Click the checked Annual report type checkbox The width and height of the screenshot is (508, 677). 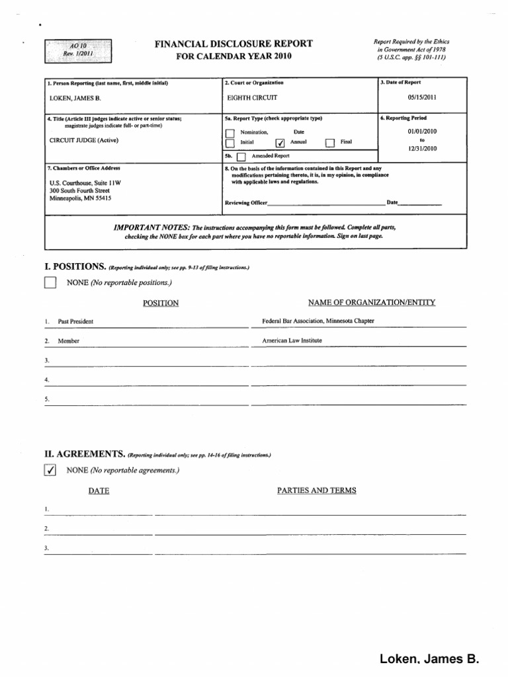(280, 142)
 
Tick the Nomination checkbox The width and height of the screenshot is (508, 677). (230, 133)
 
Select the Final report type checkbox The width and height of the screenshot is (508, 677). (329, 142)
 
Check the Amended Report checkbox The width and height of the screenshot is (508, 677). (241, 157)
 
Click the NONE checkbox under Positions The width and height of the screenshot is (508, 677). (50, 284)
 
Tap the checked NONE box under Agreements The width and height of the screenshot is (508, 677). (50, 470)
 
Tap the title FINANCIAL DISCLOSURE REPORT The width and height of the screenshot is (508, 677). (233, 44)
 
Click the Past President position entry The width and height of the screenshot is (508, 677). (75, 321)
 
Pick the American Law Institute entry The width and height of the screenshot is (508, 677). (292, 340)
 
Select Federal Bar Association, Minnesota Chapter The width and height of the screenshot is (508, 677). (318, 321)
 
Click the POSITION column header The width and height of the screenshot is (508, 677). (161, 303)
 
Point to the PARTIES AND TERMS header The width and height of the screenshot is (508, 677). (316, 491)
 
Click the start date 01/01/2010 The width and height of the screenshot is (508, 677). (423, 132)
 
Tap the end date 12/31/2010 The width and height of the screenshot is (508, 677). (423, 149)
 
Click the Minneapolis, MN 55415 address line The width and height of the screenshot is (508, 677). (80, 198)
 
